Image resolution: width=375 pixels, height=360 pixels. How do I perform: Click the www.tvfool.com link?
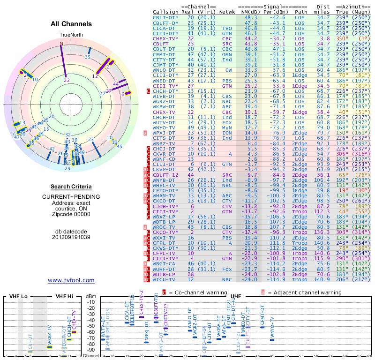pyautogui.click(x=71, y=280)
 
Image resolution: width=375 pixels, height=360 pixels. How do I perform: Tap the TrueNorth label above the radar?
pyautogui.click(x=71, y=35)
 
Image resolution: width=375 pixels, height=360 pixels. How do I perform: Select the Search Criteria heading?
pyautogui.click(x=71, y=187)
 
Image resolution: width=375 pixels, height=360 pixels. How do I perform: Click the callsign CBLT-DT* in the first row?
pyautogui.click(x=166, y=17)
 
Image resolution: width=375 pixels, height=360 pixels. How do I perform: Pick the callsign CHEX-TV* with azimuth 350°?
pyautogui.click(x=166, y=38)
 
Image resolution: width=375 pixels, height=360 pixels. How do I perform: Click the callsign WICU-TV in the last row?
pyautogui.click(x=164, y=279)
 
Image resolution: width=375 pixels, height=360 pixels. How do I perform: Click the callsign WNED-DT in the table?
pyautogui.click(x=164, y=81)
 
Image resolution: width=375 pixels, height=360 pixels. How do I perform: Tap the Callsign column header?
pyautogui.click(x=165, y=12)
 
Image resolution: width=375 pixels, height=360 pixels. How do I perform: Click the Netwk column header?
pyautogui.click(x=227, y=12)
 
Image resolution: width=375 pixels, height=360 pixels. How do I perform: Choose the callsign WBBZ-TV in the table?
pyautogui.click(x=164, y=143)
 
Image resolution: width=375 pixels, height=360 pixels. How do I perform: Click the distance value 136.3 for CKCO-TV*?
pyautogui.click(x=322, y=232)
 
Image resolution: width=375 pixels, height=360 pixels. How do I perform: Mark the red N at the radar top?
pyautogui.click(x=61, y=44)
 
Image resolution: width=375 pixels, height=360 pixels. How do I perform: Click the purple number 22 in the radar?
pyautogui.click(x=67, y=80)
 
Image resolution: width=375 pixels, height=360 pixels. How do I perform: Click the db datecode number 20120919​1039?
pyautogui.click(x=71, y=237)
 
